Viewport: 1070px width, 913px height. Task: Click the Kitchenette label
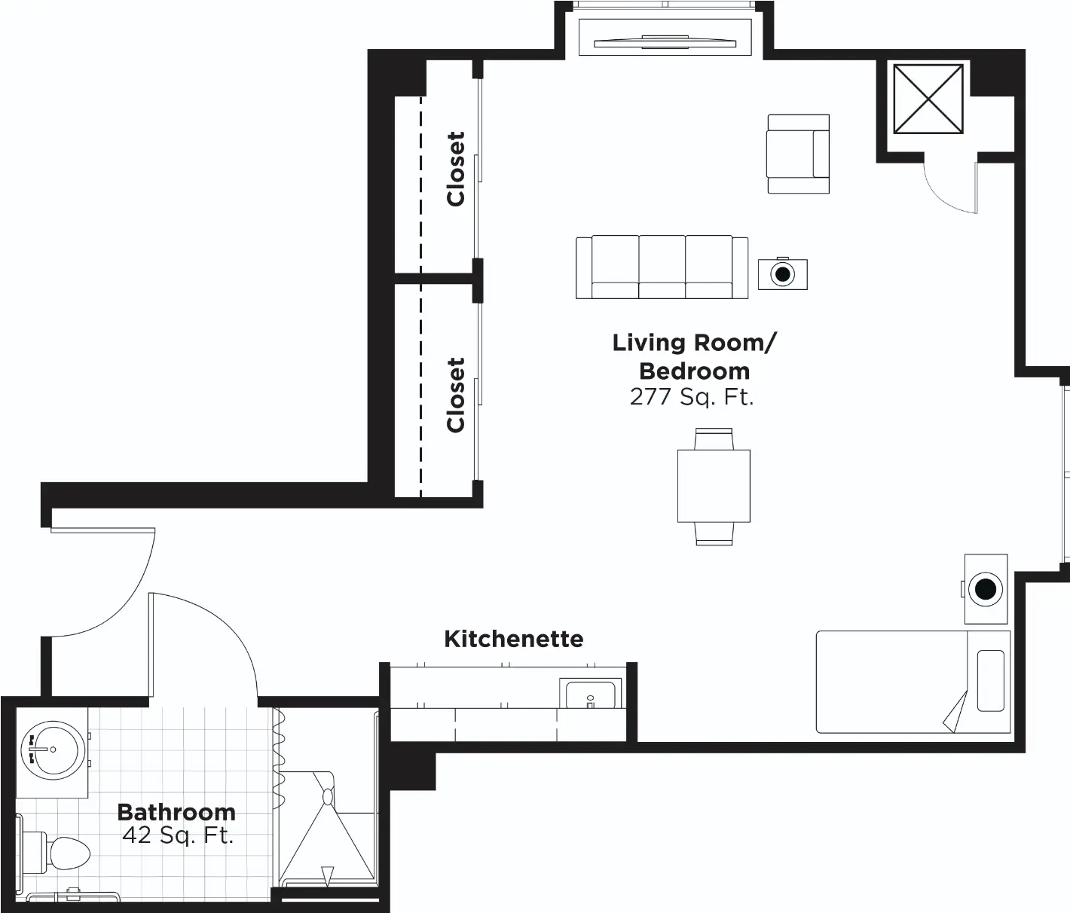[x=513, y=640]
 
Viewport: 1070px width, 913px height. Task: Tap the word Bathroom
[x=176, y=812]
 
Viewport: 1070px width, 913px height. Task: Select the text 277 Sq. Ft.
[x=692, y=398]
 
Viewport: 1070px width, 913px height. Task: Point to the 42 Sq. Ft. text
[x=178, y=835]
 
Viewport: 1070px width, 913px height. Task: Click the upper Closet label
[x=456, y=169]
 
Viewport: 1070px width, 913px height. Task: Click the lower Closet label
[x=456, y=395]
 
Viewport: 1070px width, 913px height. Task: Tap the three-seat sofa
[x=662, y=267]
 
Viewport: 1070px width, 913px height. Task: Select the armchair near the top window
[x=798, y=154]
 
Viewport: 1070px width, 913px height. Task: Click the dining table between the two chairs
[x=714, y=486]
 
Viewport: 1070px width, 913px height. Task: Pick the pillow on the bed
[x=991, y=681]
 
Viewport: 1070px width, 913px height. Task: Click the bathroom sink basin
[x=52, y=750]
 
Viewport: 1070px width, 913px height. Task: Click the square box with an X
[x=928, y=99]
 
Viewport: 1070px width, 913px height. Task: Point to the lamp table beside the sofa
[x=783, y=273]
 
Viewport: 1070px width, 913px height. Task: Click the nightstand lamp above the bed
[x=986, y=589]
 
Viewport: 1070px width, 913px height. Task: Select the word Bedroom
[x=694, y=371]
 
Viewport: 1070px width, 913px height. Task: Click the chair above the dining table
[x=714, y=439]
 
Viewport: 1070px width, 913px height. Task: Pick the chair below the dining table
[x=714, y=533]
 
